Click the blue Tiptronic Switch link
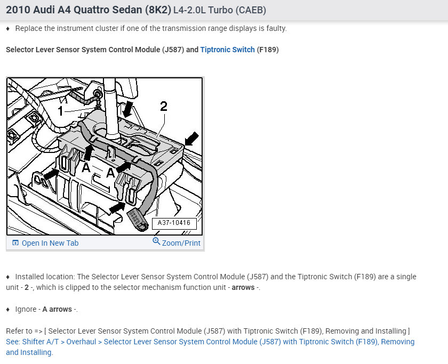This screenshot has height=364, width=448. (227, 50)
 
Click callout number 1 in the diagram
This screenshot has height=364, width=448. (61, 111)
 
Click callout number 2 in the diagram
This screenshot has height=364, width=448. (164, 106)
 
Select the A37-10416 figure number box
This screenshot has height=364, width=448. (174, 223)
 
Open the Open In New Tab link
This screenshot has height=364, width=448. (50, 243)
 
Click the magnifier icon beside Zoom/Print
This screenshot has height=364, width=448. (156, 241)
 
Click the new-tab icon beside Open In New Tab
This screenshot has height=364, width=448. (15, 243)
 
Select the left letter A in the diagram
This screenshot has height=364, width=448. (85, 168)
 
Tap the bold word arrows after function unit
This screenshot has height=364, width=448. (243, 287)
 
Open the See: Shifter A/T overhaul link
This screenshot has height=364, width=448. (210, 342)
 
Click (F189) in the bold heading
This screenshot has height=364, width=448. (268, 50)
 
